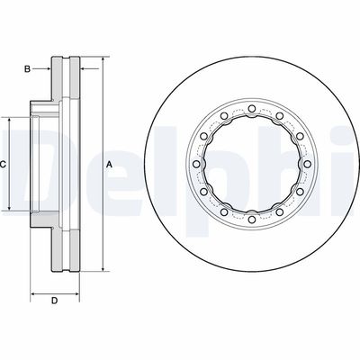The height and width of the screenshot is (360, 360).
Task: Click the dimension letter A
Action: tap(110, 165)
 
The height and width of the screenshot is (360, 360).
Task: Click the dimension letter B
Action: tap(27, 69)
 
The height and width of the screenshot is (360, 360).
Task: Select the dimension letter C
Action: tap(3, 165)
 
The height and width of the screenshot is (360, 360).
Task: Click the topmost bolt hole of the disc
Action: tap(251, 108)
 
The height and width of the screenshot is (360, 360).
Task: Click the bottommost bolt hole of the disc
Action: tap(251, 220)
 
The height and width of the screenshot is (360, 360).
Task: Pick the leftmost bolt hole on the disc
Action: tap(196, 164)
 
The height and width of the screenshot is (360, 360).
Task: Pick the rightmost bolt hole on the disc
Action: tap(307, 164)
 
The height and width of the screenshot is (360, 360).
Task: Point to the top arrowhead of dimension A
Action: tap(103, 59)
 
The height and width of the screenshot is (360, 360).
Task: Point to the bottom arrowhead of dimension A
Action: tap(103, 268)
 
